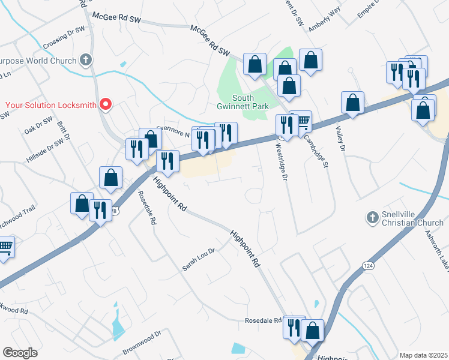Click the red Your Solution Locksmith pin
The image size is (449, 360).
[106, 104]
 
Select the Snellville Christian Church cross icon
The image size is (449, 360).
[372, 217]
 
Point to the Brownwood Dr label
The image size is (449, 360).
[141, 339]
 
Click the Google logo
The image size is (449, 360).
[20, 352]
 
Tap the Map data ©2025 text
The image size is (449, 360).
[423, 355]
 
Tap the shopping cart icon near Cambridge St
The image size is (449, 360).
[303, 122]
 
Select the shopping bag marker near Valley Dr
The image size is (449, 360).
[353, 103]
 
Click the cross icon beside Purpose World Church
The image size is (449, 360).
[86, 60]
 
